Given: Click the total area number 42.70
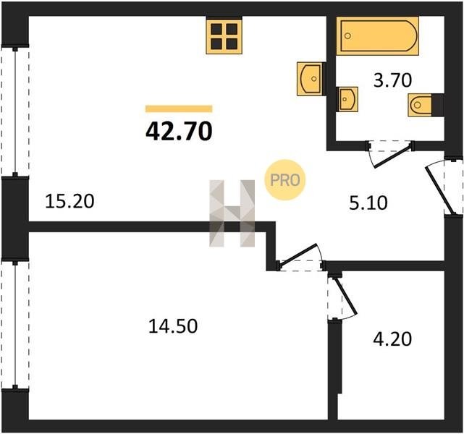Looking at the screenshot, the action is (179, 131).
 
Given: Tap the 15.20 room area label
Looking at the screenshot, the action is (69, 201).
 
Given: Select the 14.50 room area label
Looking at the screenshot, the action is (173, 326).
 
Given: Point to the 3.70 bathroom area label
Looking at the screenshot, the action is (392, 80).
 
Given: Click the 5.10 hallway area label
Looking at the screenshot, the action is (368, 203).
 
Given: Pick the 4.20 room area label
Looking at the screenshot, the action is (392, 339).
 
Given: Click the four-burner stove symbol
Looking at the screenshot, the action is (224, 37).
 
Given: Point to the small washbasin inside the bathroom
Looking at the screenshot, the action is (347, 99).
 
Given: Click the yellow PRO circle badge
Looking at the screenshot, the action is (284, 180).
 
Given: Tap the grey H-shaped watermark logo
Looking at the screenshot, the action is (232, 213).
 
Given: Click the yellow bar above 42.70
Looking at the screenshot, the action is (179, 109).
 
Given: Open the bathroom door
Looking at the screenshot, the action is (389, 154).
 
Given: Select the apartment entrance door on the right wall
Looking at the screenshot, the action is (444, 187).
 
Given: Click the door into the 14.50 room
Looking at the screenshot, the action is (300, 258).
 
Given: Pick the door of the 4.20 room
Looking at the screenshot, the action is (342, 297).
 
